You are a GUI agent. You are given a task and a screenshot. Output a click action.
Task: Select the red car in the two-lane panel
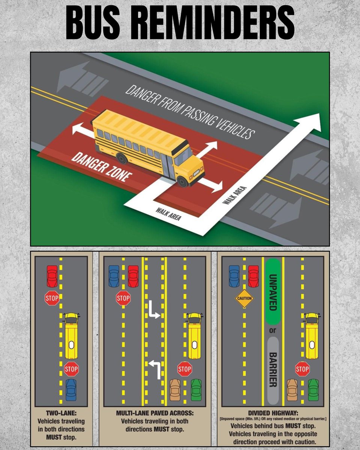click(x=52, y=276)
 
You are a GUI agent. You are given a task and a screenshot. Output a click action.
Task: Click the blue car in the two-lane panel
click(x=70, y=389)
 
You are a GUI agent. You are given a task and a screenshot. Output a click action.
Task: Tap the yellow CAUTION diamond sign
click(x=244, y=299)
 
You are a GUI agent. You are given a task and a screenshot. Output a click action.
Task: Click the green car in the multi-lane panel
click(x=196, y=390)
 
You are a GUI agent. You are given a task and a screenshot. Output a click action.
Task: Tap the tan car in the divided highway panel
click(x=292, y=390)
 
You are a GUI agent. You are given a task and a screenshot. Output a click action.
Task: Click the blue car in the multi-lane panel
click(x=114, y=276)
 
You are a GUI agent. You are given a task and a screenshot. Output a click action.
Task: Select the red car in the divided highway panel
click(x=253, y=276)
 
